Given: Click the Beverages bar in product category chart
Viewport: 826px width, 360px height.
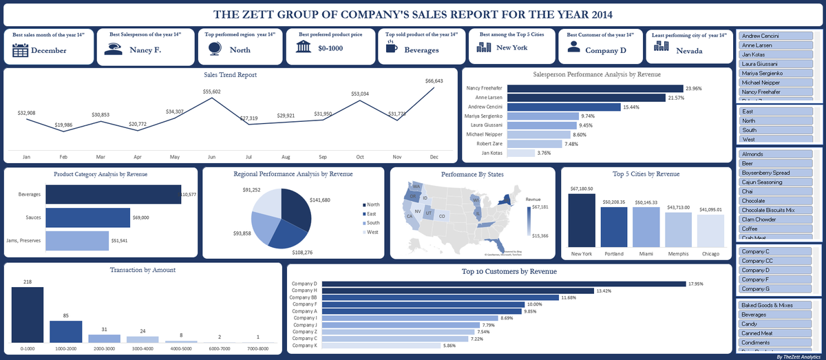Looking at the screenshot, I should click(113, 195).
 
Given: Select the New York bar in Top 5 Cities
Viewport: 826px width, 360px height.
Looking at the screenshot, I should click(582, 220).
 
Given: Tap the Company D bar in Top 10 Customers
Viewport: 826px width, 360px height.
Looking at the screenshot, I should click(502, 284).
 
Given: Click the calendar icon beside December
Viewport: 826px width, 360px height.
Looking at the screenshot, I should click(20, 50).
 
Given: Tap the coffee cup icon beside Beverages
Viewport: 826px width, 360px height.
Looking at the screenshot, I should click(392, 49).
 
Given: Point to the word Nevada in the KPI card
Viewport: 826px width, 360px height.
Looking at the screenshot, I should click(689, 50).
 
